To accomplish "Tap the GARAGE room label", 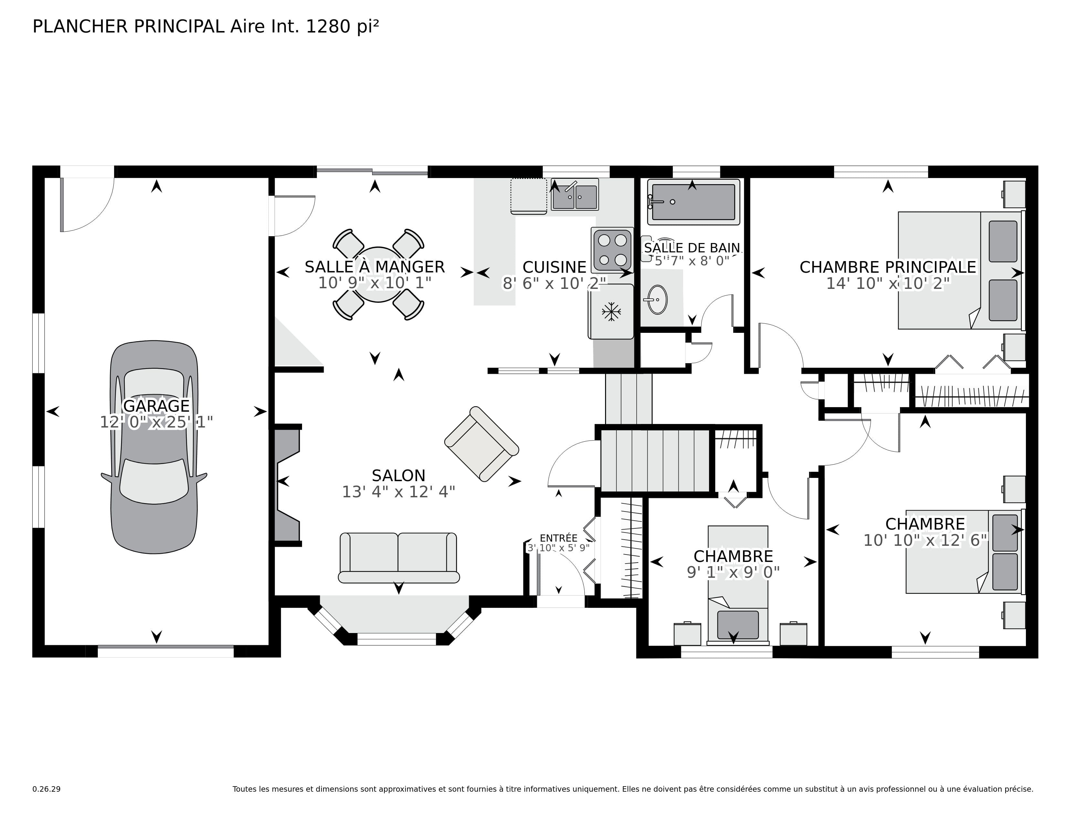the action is click(156, 406).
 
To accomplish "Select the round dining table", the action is click(378, 274).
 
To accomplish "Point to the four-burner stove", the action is click(612, 250).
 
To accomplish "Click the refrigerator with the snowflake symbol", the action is click(611, 312).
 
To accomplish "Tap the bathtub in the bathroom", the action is click(693, 202).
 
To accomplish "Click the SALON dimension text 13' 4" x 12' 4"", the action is click(398, 491).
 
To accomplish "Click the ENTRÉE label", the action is click(559, 538).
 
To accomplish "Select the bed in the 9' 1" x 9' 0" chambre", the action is click(738, 585).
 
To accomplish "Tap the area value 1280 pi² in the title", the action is click(342, 26).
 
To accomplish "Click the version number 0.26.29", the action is click(47, 789).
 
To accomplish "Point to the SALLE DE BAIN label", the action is click(692, 248).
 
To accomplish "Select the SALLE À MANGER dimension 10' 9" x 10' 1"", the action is click(375, 283).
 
